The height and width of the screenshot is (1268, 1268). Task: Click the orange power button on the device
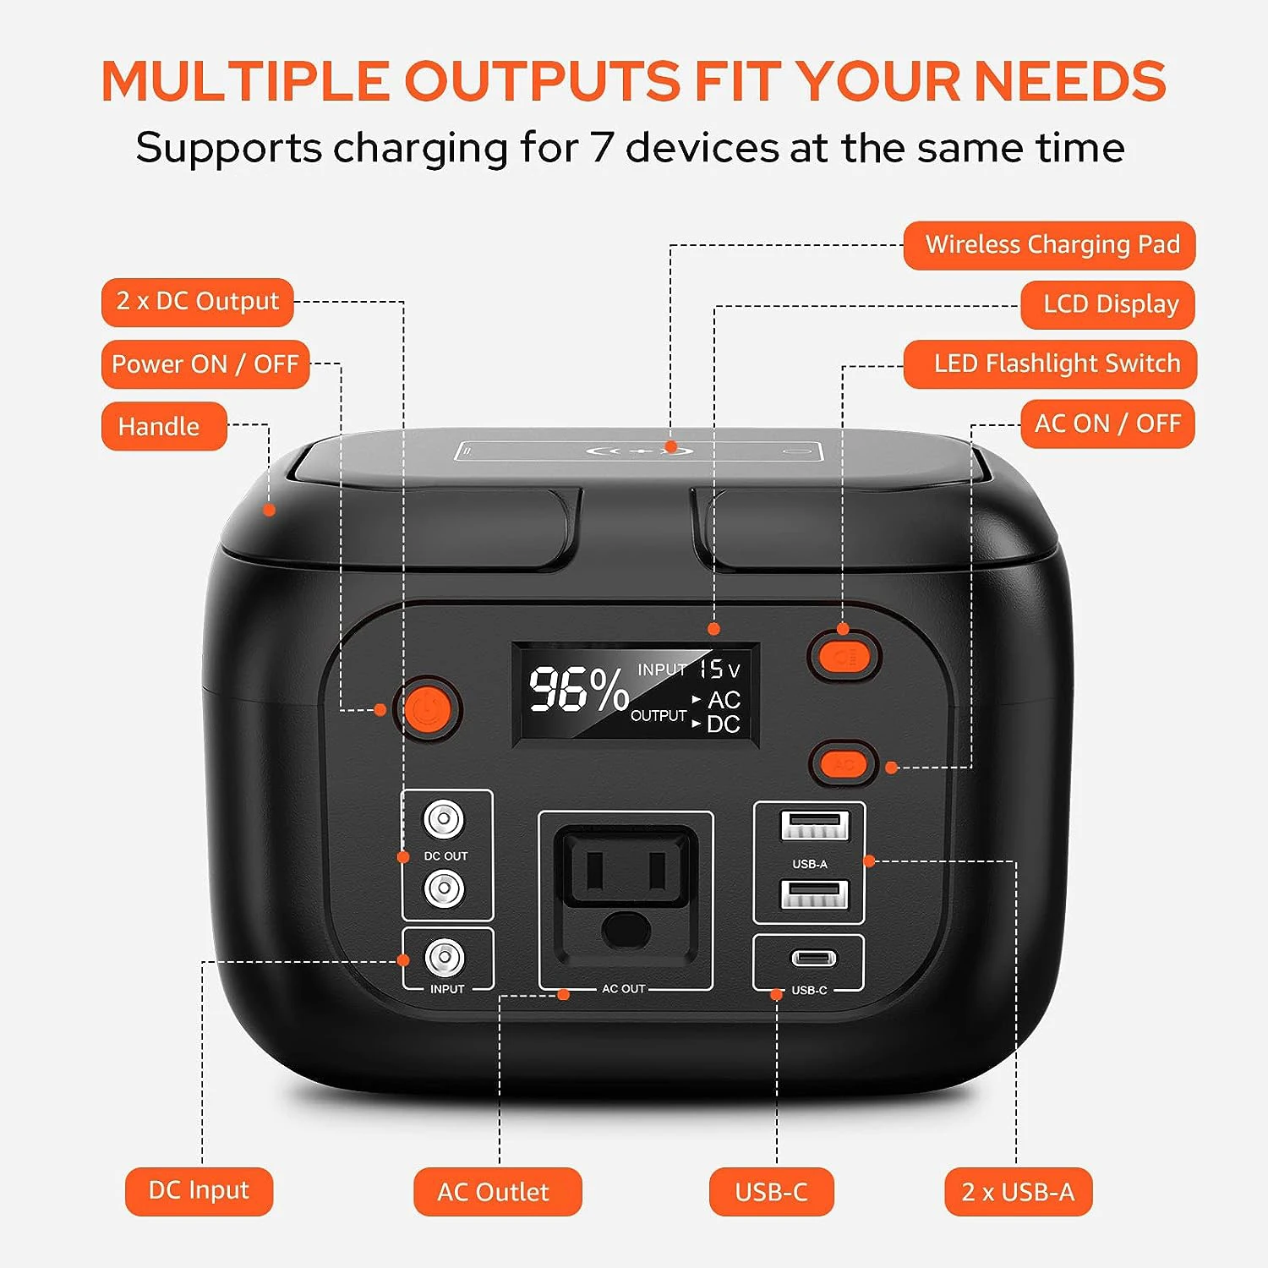(x=432, y=708)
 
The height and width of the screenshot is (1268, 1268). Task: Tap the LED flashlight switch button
(x=844, y=655)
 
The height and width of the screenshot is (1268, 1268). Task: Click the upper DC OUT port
(x=444, y=819)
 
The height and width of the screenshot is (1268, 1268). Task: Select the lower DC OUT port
(x=444, y=888)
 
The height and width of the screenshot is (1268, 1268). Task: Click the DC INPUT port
(x=445, y=958)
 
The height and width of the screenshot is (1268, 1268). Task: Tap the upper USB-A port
(x=814, y=825)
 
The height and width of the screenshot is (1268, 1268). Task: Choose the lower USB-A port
(x=814, y=894)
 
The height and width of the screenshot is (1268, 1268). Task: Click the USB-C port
(x=813, y=958)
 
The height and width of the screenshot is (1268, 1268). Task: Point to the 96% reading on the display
(x=579, y=689)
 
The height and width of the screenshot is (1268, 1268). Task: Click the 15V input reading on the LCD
(x=719, y=670)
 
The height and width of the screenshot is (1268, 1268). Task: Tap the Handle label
(x=164, y=426)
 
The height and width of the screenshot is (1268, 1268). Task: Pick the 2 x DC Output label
(x=197, y=302)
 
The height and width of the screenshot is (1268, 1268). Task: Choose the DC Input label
(x=199, y=1191)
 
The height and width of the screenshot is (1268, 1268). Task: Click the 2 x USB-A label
(x=1018, y=1192)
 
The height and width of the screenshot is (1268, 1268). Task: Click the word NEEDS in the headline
(x=1070, y=81)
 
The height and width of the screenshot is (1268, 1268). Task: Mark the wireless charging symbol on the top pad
(x=640, y=450)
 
